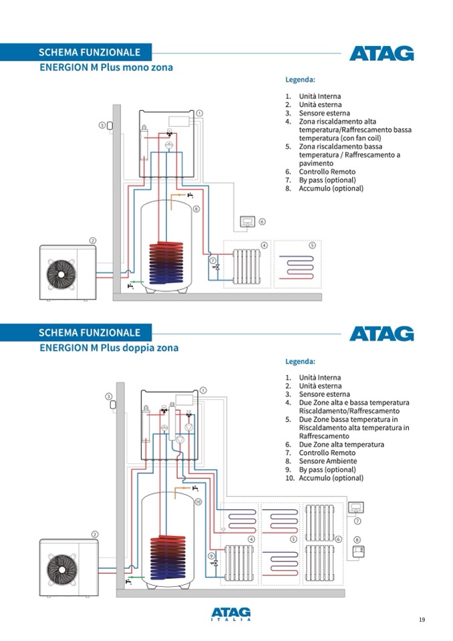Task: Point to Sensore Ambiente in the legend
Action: (327, 461)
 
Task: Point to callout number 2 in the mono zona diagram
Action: (93, 241)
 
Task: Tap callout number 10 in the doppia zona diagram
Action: (198, 501)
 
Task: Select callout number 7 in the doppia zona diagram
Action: (357, 521)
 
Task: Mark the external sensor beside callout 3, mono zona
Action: (111, 125)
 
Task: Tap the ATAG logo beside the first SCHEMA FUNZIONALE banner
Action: (382, 53)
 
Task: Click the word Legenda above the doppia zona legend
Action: (300, 362)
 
